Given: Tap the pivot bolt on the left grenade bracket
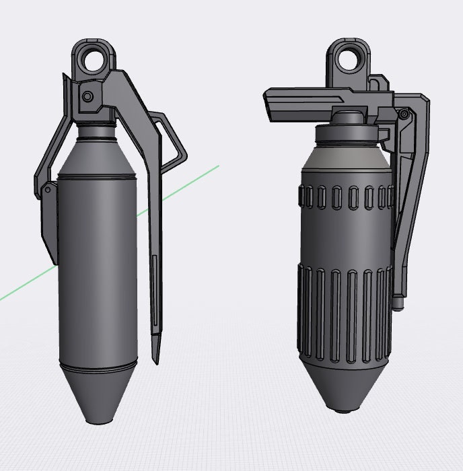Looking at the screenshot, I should click(87, 97).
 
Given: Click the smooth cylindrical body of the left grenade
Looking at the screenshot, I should click(98, 269).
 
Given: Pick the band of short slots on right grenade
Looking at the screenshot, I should click(345, 197).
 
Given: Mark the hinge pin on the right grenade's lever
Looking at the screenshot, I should click(403, 114).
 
